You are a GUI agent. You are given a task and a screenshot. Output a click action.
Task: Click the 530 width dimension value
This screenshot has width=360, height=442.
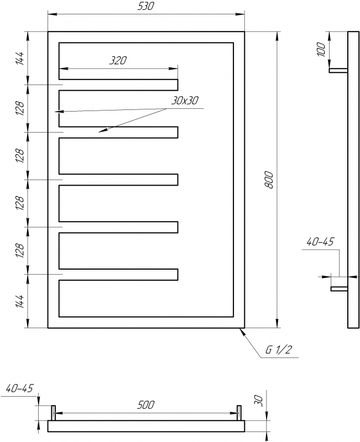point(146,6)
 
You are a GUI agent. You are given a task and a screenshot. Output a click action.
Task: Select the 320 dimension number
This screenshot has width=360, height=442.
point(118,61)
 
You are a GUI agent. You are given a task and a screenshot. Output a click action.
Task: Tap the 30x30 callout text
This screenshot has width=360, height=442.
point(185,101)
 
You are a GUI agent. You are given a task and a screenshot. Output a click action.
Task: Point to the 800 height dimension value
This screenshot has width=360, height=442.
point(269,180)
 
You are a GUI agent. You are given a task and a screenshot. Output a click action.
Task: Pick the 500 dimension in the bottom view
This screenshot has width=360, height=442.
point(145,405)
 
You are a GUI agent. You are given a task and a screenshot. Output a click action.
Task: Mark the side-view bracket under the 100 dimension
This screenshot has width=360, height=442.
point(338,71)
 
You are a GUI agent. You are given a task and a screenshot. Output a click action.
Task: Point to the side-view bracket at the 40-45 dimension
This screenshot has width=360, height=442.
point(338,288)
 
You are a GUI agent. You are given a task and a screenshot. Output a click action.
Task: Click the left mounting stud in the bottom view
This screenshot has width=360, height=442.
point(54,412)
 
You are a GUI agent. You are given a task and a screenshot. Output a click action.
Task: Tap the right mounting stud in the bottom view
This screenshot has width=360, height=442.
point(239,412)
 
